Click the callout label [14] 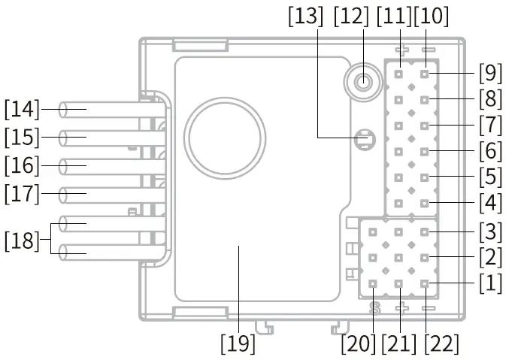pos(22,110)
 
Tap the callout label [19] pos(238,343)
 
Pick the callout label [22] pos(441,343)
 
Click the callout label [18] pos(22,241)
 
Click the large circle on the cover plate pos(226,136)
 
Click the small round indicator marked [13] pos(365,138)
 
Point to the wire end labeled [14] pos(65,110)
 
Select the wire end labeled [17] pos(65,194)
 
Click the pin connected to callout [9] pos(426,74)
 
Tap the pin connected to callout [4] pos(426,204)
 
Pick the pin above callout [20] pos(374,284)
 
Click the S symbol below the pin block pos(374,307)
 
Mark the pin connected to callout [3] pos(426,232)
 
